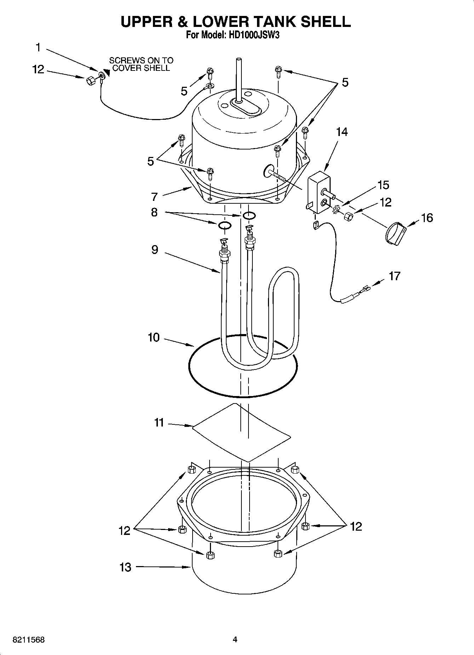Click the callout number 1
[x=38, y=47]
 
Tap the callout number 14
[x=342, y=132]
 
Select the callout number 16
[x=427, y=218]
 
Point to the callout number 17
[x=394, y=276]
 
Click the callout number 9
[x=155, y=249]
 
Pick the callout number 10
[x=154, y=337]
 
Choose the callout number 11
[x=159, y=423]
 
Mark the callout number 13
[x=125, y=567]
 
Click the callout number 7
[x=154, y=197]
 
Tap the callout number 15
[x=383, y=185]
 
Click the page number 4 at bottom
[x=235, y=639]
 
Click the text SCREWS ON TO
[x=141, y=60]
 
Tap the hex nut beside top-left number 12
[x=90, y=81]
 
